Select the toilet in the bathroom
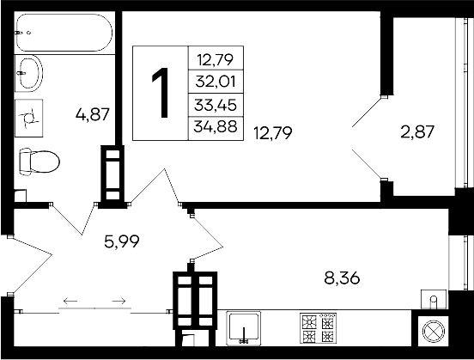(40, 161)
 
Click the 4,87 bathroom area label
(93, 113)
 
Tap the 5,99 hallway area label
(120, 241)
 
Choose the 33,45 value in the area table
(215, 107)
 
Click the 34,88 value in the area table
(215, 129)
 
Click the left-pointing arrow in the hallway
(68, 300)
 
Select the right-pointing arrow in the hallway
(120, 300)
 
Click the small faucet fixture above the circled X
(434, 299)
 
